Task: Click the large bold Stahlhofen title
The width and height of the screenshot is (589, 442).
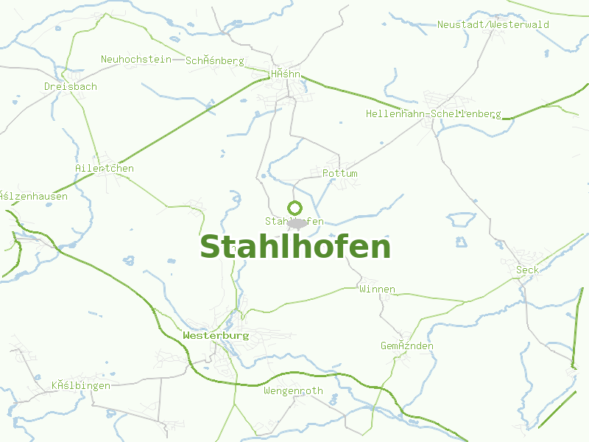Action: point(295,248)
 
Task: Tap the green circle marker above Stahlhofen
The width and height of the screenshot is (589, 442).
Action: point(295,208)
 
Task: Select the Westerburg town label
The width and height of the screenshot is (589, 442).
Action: point(216,335)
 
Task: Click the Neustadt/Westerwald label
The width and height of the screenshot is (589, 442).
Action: point(493,24)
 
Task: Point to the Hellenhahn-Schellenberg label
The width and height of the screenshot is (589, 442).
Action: point(433,114)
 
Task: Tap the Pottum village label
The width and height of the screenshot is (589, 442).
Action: point(340,173)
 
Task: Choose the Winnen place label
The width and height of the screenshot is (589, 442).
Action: point(377,289)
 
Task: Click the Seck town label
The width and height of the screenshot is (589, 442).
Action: point(527,270)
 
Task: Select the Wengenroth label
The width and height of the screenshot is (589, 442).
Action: point(293,390)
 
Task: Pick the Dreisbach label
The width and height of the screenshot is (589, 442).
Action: point(70,86)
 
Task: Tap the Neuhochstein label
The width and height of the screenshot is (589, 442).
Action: point(135,59)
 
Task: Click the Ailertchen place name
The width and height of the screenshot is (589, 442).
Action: point(105,168)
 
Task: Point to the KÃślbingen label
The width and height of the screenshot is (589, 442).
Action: point(81,385)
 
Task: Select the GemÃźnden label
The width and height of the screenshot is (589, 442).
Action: point(406,345)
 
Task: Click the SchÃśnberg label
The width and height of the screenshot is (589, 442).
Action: point(215,60)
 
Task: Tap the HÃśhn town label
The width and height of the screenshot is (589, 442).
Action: point(286,74)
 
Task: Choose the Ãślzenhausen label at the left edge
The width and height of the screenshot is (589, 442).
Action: point(34,197)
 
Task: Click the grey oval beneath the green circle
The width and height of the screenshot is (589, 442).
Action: point(296,222)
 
